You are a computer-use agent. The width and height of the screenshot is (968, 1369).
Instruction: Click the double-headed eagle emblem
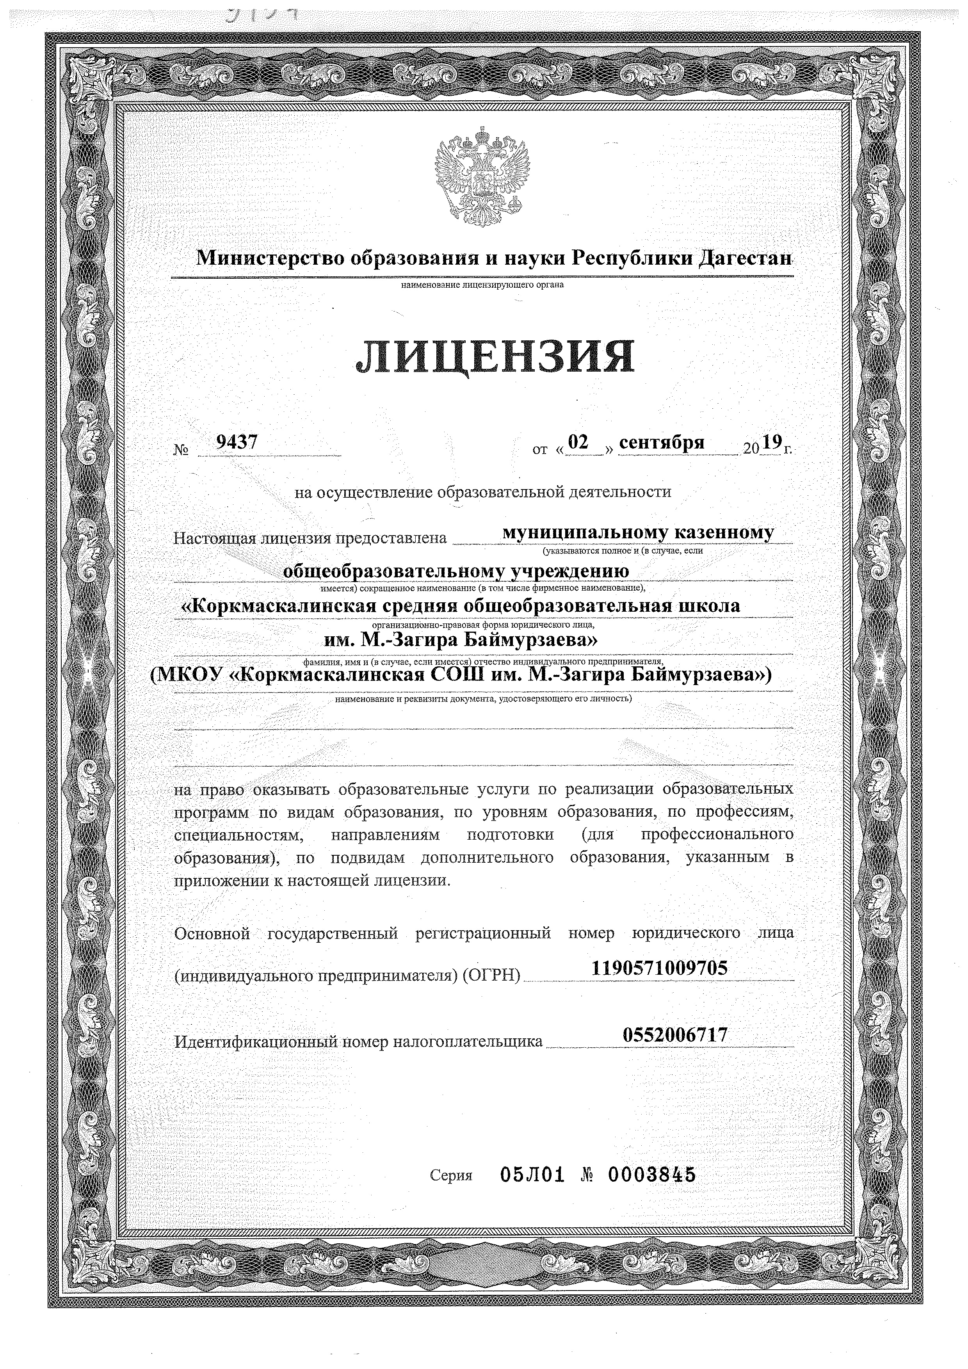[x=483, y=175]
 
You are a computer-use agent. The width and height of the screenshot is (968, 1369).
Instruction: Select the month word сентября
[x=662, y=442]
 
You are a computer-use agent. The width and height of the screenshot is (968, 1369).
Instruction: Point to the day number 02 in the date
[x=578, y=442]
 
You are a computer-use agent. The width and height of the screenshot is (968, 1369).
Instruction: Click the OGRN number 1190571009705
[x=659, y=967]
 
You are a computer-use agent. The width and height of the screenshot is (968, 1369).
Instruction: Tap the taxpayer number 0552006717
[x=675, y=1034]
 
